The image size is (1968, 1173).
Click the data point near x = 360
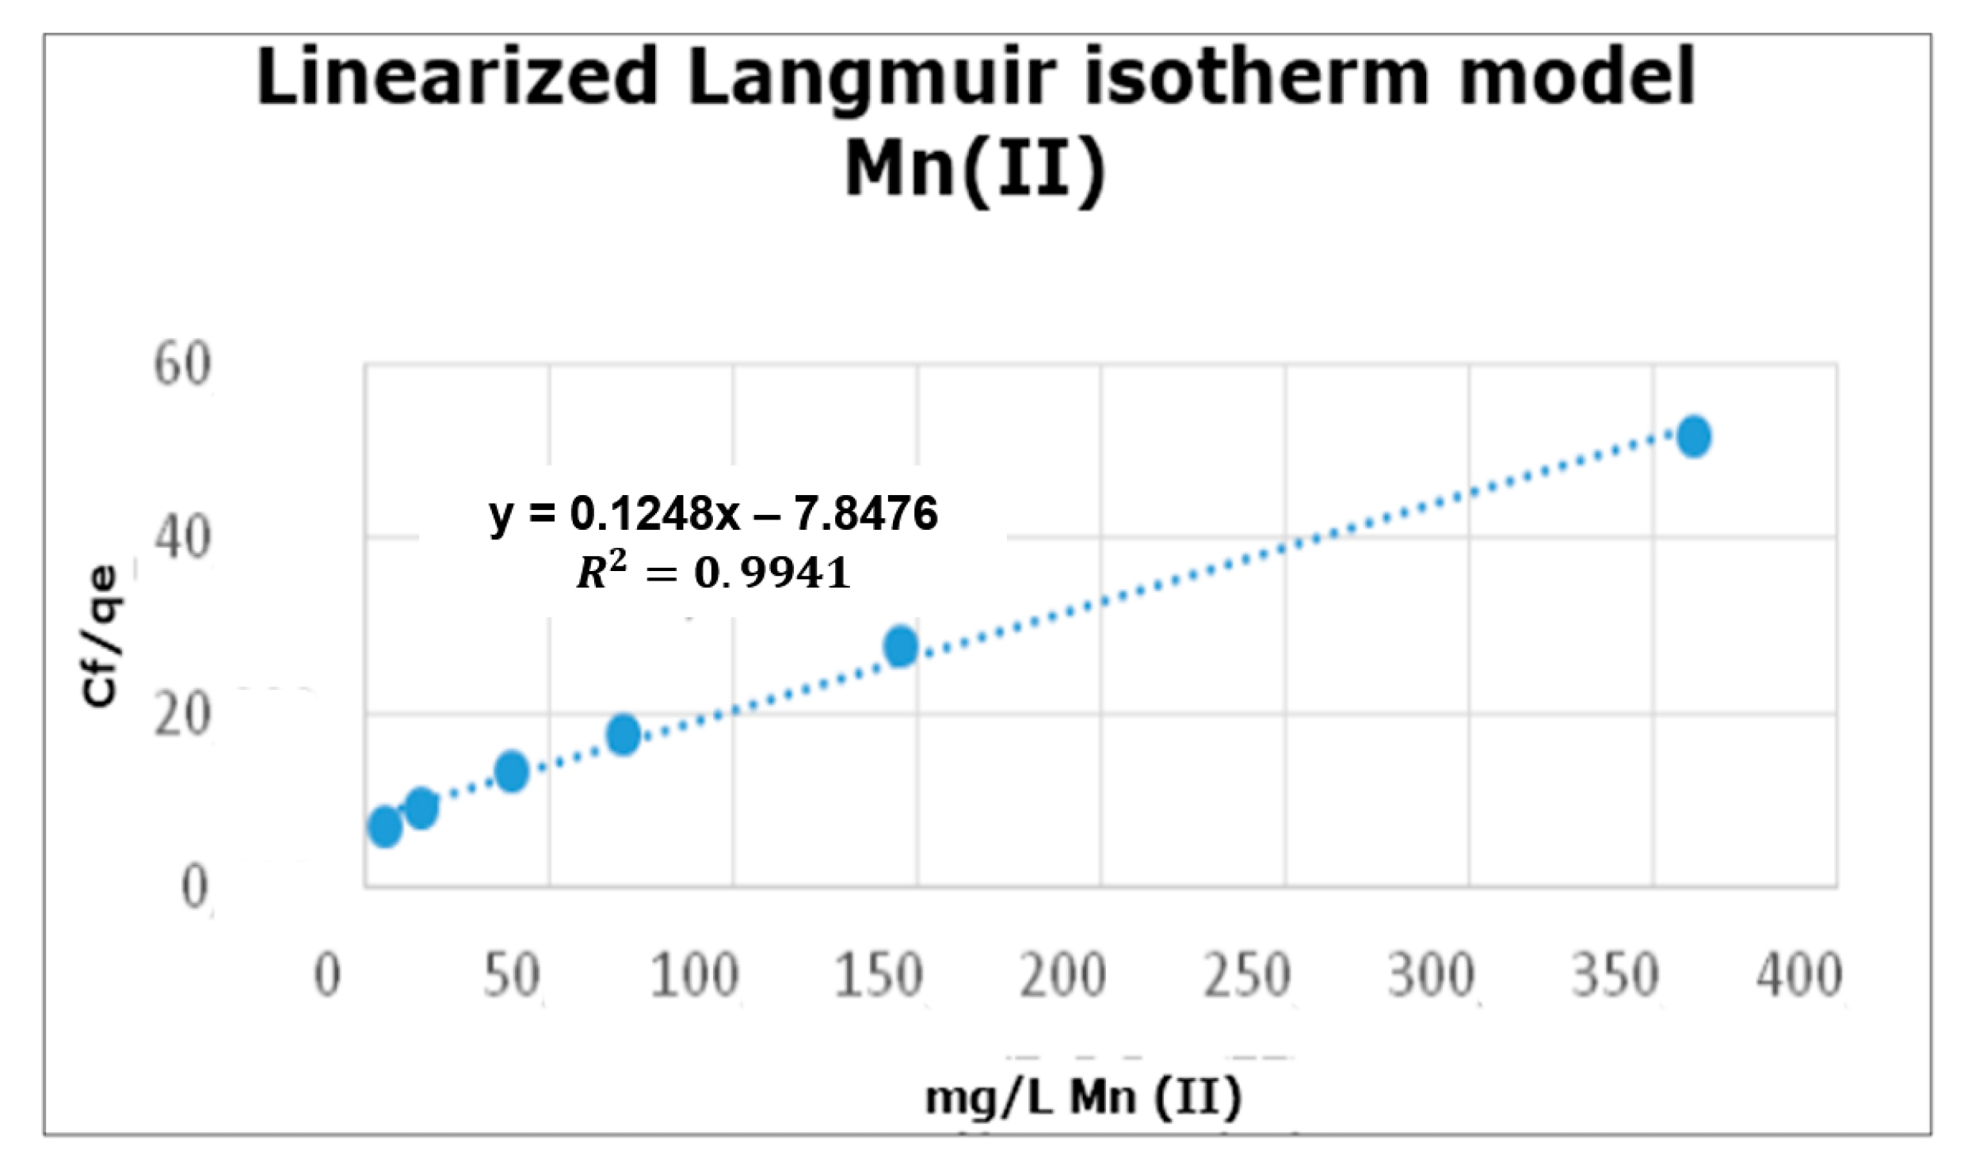(x=1694, y=436)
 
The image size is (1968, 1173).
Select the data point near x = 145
(x=901, y=646)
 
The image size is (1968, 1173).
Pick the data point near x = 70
(x=624, y=734)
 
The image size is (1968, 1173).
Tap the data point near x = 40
(x=512, y=771)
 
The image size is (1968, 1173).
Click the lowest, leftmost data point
(x=385, y=827)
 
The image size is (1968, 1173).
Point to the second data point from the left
(x=421, y=808)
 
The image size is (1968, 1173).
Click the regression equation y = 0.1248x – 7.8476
(x=713, y=513)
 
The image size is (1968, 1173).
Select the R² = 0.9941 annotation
(x=713, y=572)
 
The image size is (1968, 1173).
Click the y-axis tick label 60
(x=183, y=365)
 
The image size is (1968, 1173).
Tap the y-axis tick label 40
(x=183, y=539)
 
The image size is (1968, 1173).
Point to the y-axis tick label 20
(x=183, y=715)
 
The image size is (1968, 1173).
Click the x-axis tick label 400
(x=1798, y=976)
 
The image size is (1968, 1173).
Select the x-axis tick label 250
(x=1247, y=976)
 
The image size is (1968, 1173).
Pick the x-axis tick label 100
(x=695, y=976)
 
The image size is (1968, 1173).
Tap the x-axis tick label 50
(x=512, y=976)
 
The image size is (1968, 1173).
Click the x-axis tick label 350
(x=1615, y=976)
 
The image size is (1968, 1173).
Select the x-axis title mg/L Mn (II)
(x=1083, y=1099)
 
